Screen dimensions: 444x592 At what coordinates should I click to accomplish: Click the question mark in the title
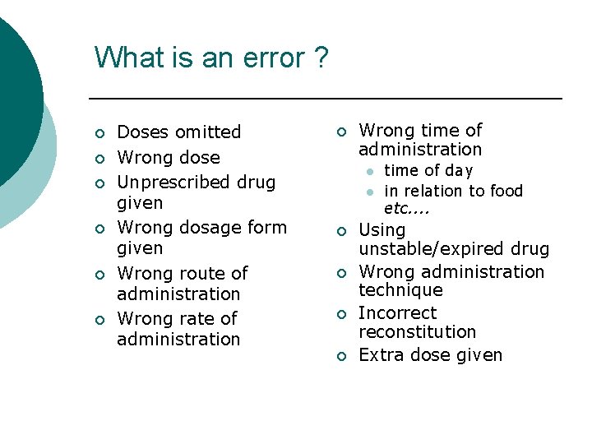(x=320, y=58)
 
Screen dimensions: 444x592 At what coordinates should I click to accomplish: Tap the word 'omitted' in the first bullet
(x=208, y=132)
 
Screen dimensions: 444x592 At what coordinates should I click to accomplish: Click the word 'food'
(x=506, y=191)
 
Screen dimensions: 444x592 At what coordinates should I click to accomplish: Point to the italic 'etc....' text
(x=408, y=209)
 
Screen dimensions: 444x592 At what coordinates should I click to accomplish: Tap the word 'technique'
(x=400, y=290)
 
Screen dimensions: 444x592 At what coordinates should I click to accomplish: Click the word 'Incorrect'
(x=398, y=313)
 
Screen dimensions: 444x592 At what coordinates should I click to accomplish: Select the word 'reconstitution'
(x=417, y=332)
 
